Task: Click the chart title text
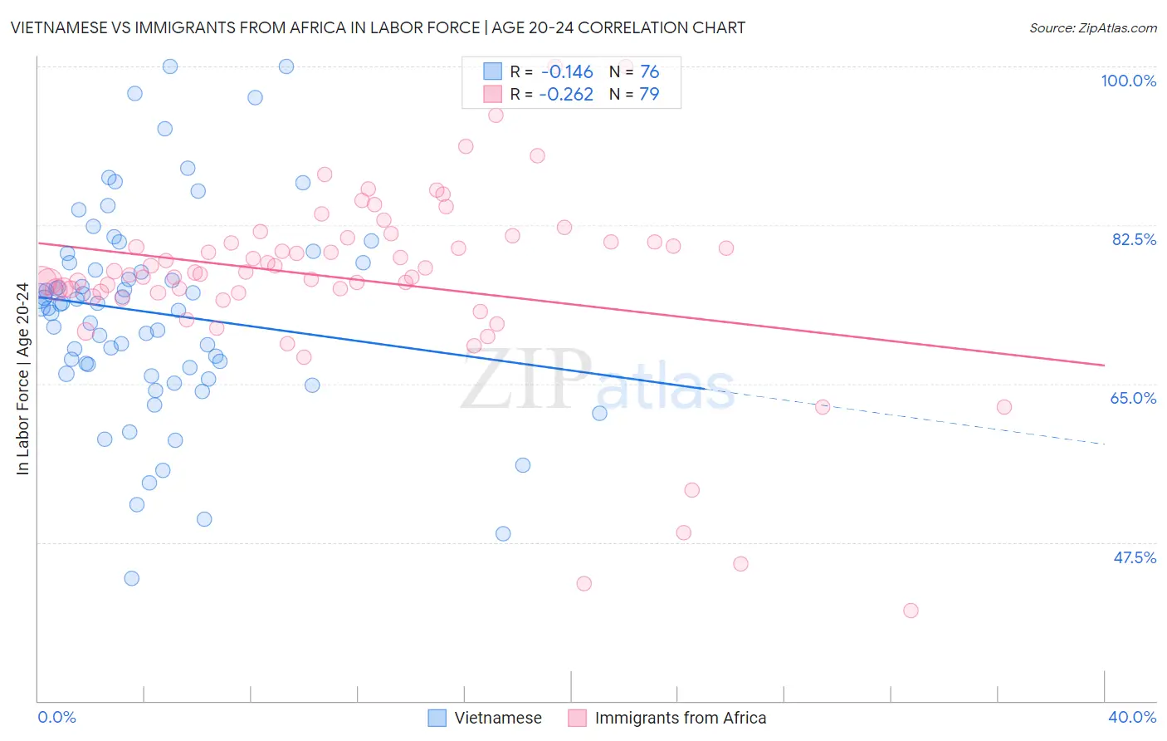[378, 27]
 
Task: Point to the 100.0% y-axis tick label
[1128, 81]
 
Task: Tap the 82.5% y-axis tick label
[1134, 239]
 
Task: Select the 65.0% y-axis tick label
[1133, 398]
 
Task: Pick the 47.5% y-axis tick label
[1134, 557]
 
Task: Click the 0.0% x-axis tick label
[56, 717]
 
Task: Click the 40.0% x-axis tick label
[1132, 717]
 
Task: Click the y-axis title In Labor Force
[22, 379]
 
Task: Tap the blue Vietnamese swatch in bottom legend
[437, 718]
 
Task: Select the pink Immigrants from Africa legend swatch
[578, 718]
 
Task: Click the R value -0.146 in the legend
[567, 72]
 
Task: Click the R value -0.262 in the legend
[567, 95]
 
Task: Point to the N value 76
[649, 72]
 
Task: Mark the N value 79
[649, 95]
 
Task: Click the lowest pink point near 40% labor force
[911, 611]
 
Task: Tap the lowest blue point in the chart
[131, 578]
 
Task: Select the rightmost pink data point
[1004, 407]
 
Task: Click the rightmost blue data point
[599, 413]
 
